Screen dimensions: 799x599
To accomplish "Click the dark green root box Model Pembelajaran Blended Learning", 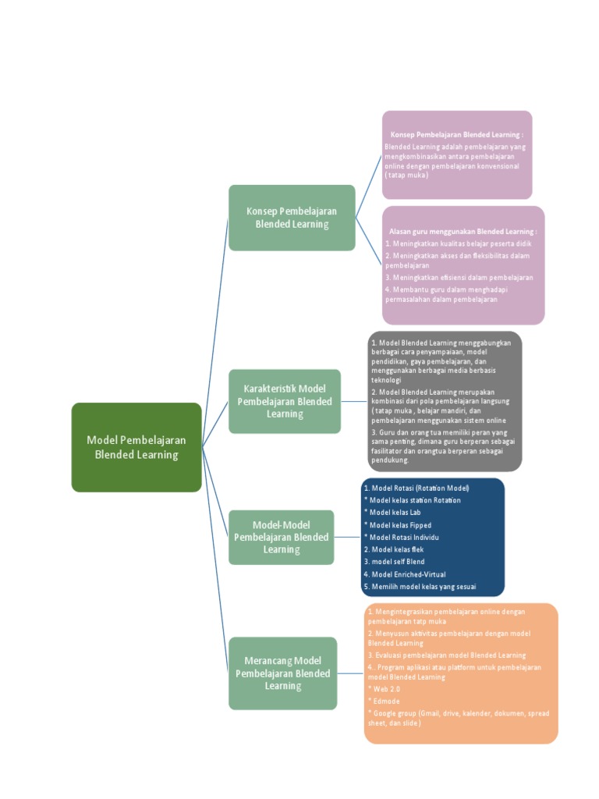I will tap(136, 447).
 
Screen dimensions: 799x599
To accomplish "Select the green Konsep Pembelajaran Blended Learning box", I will tap(292, 218).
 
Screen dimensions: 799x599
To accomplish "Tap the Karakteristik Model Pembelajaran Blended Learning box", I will tap(285, 401).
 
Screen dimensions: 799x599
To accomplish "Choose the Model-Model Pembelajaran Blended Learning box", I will tap(281, 537).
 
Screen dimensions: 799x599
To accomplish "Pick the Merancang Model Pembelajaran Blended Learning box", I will tap(282, 673).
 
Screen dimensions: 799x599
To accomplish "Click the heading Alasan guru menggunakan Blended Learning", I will tap(463, 232).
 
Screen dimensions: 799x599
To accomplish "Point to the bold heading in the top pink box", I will tap(457, 135).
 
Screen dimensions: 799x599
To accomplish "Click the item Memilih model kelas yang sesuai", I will tap(420, 587).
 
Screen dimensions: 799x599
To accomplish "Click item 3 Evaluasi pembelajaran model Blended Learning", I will tap(447, 655).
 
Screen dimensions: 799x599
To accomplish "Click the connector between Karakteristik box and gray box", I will tap(353, 402).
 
